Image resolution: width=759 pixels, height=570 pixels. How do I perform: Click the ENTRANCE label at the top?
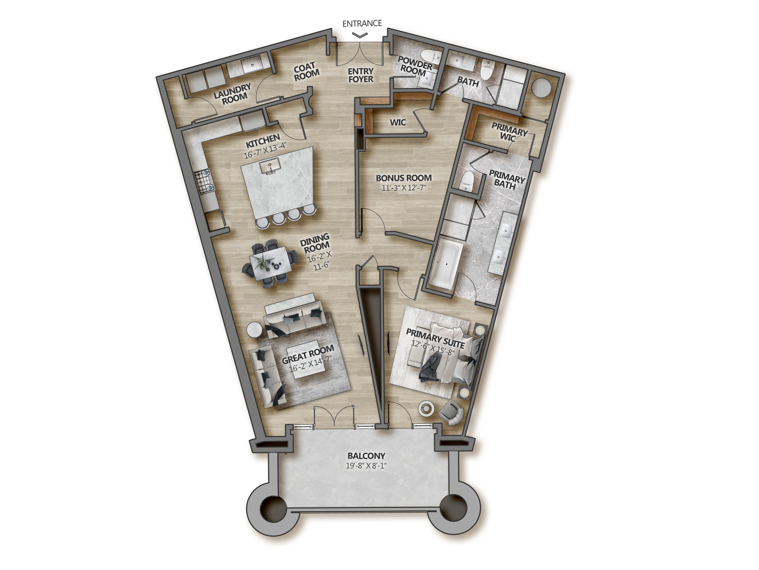362,23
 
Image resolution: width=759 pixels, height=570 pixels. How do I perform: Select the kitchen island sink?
270,167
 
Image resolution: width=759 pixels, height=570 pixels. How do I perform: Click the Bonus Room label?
404,178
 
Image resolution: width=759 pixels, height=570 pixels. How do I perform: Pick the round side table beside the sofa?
254,330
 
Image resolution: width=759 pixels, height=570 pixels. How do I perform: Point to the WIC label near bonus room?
398,122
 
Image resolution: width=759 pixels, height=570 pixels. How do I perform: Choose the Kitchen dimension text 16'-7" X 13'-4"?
265,150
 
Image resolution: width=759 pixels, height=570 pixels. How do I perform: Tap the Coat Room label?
306,72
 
